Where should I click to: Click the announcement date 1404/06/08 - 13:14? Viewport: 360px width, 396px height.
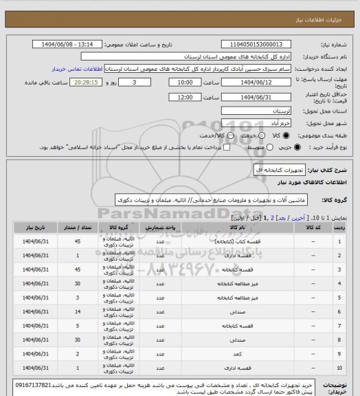[73, 44]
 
